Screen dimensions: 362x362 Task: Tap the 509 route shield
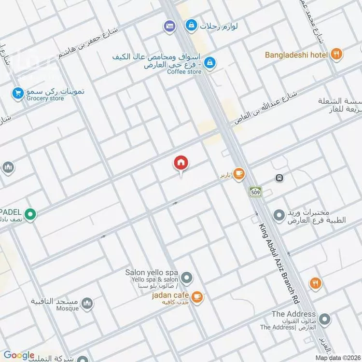(x=255, y=192)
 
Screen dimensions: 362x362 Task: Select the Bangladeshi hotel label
(x=296, y=55)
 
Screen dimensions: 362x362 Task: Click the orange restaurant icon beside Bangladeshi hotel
(x=337, y=55)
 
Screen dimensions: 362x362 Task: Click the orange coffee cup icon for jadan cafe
(x=196, y=297)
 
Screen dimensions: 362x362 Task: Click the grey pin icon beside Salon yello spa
(x=187, y=278)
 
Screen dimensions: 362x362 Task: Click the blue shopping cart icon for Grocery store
(x=18, y=92)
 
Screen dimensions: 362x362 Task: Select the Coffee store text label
(x=184, y=71)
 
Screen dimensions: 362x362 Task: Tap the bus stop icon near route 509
(x=279, y=178)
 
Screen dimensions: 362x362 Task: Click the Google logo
(x=19, y=355)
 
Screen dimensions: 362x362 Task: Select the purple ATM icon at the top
(x=169, y=25)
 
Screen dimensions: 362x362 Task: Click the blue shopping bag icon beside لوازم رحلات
(x=192, y=25)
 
